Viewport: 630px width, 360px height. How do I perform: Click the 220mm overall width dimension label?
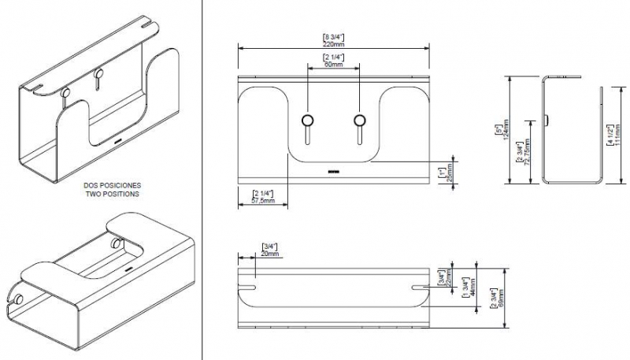coord(334,45)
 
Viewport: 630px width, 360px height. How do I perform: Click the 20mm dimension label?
coord(269,253)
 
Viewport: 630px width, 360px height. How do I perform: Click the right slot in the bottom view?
coord(421,279)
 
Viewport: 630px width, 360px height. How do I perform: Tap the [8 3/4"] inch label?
coord(334,36)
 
